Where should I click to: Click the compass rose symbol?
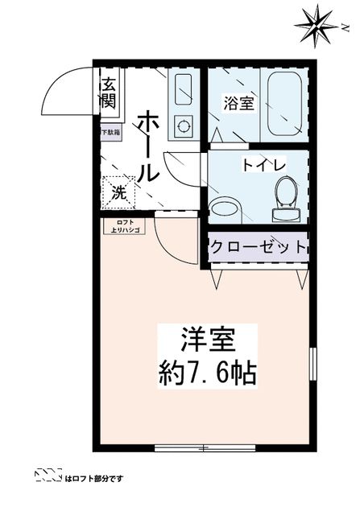click(316, 26)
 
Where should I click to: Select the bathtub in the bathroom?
click(283, 105)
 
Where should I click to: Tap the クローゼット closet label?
click(258, 247)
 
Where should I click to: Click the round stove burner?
click(183, 126)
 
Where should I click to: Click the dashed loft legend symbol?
click(48, 477)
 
